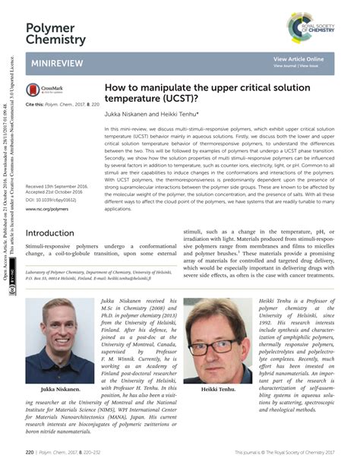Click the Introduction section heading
pos(55,233)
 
